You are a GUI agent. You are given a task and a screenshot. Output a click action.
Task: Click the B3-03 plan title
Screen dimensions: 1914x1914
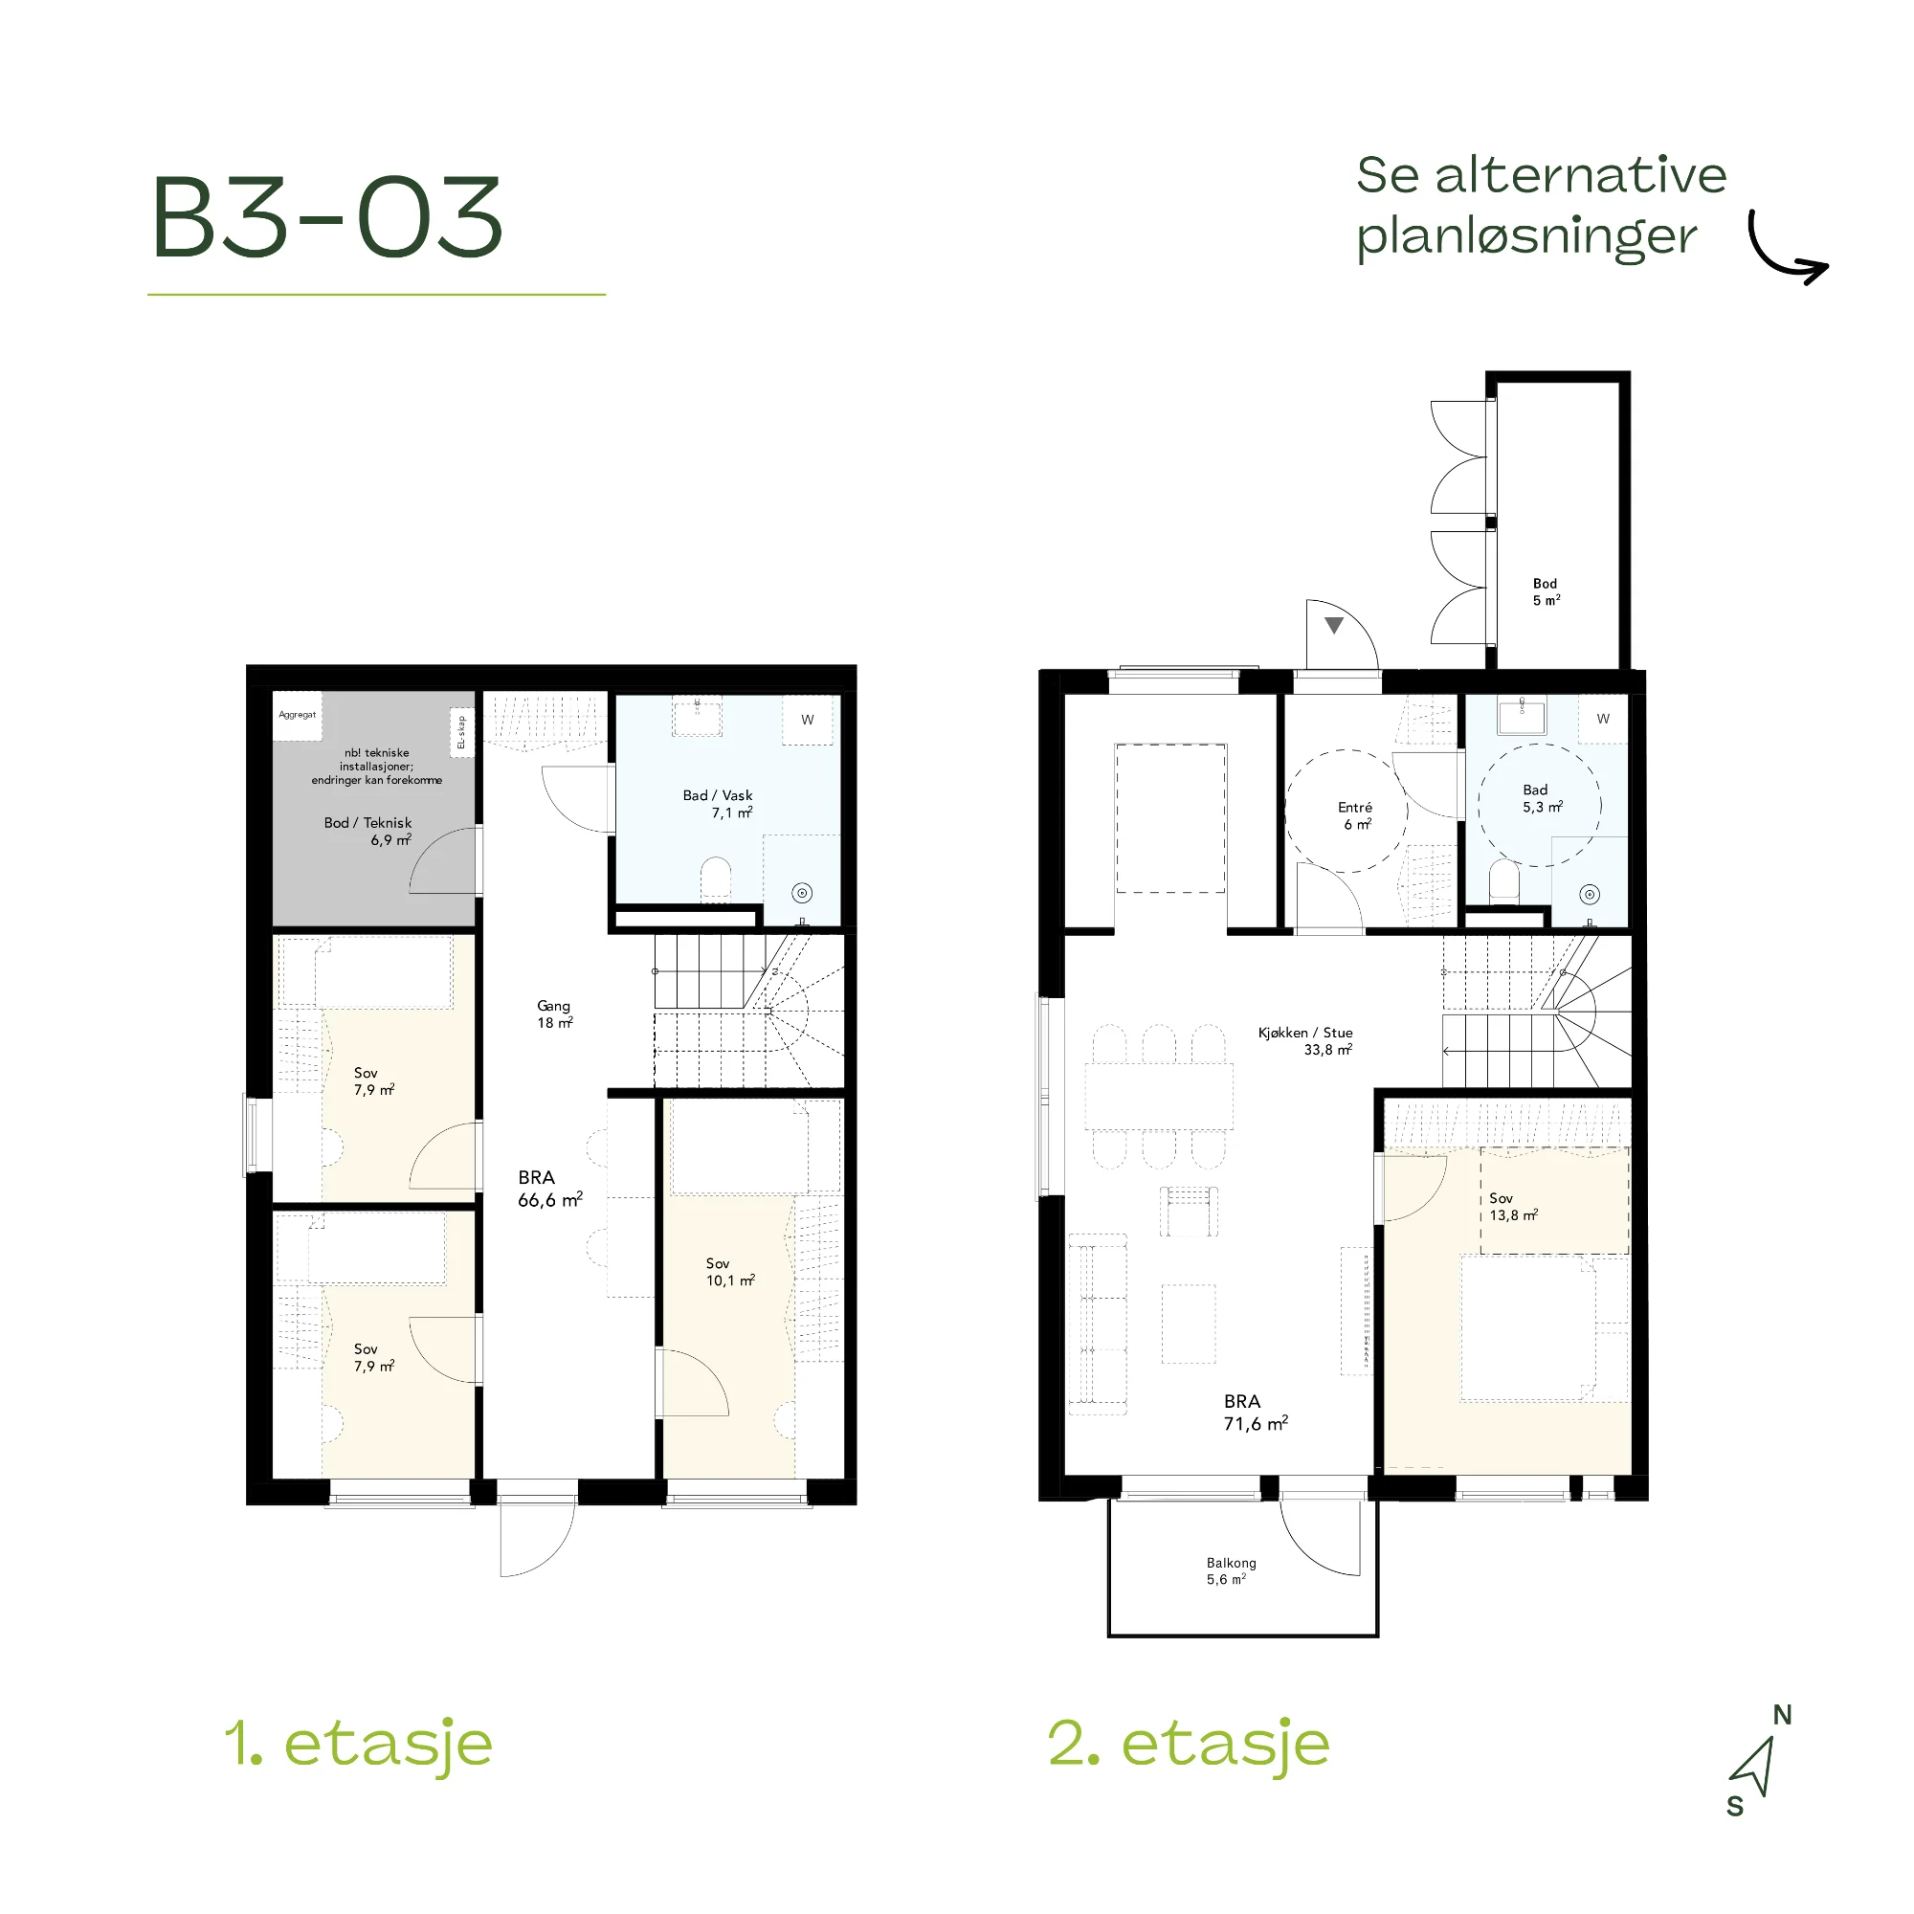pos(328,217)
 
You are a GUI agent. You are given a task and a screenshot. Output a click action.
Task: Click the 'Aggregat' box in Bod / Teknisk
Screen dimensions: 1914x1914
pos(298,715)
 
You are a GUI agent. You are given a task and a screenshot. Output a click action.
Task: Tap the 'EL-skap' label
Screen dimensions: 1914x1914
pos(461,733)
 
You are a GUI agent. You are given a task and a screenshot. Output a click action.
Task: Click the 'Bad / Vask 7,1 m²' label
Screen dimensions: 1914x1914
pos(719,804)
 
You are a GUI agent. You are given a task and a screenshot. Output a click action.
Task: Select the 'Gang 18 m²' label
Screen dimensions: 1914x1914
pos(555,1013)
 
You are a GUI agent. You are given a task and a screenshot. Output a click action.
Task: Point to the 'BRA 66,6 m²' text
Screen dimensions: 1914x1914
pos(550,1188)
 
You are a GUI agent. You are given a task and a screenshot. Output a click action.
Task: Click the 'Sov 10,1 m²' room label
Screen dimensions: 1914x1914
pos(730,1272)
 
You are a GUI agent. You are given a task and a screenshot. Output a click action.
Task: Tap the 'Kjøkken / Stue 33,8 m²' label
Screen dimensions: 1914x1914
pos(1305,1040)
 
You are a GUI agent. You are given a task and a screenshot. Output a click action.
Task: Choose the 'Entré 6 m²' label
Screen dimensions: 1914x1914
pos(1356,815)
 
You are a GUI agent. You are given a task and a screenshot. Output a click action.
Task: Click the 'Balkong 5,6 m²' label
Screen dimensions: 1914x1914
pos(1231,1570)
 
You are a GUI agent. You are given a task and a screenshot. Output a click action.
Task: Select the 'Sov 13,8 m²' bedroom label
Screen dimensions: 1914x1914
pos(1514,1207)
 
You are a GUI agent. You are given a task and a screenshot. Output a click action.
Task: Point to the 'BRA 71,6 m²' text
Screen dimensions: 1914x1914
pos(1257,1412)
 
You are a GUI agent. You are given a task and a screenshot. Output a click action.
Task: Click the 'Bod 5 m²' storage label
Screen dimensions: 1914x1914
pos(1547,591)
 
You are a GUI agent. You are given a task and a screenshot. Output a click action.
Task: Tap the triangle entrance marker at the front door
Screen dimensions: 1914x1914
pos(1334,625)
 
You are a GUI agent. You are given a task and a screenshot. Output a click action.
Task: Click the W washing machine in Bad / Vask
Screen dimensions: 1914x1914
pos(808,720)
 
